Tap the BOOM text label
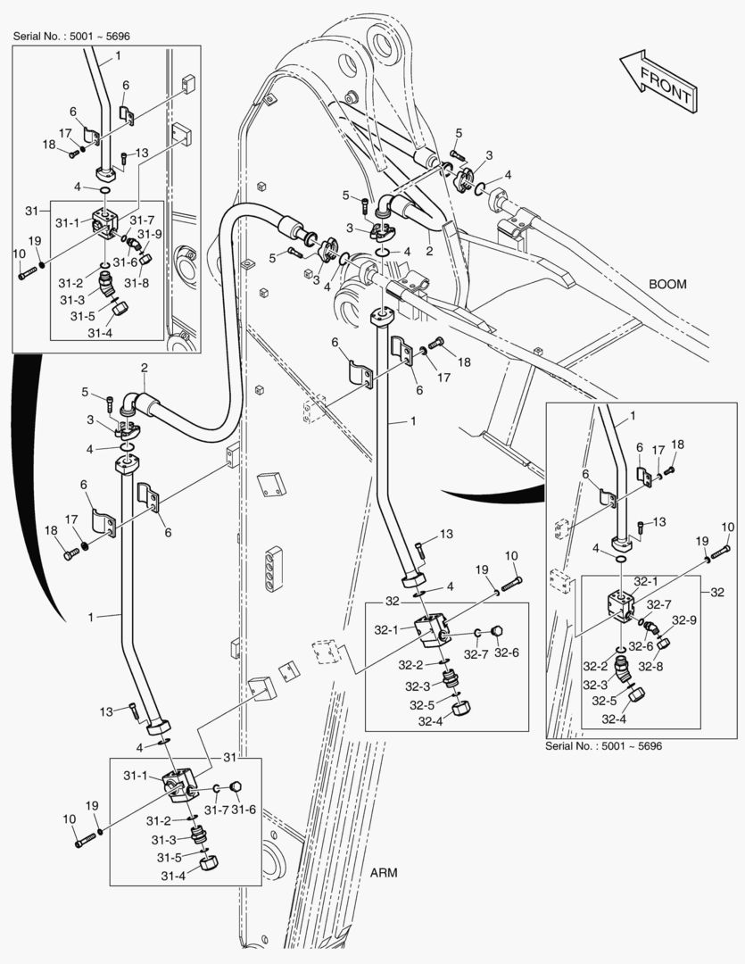[667, 284]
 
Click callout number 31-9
[151, 234]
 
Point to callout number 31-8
[136, 282]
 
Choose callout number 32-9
[684, 620]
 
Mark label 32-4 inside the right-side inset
[613, 719]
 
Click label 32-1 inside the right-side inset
[645, 581]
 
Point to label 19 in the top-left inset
[35, 241]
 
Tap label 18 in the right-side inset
[677, 445]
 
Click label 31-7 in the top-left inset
[142, 220]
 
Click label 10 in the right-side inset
[727, 527]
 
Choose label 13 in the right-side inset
[660, 521]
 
